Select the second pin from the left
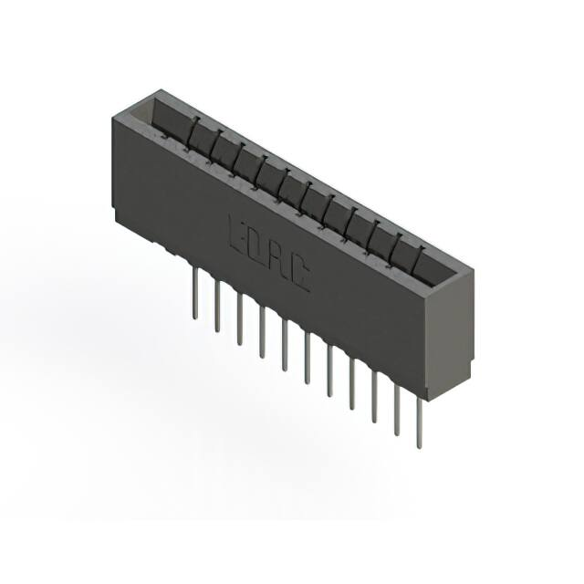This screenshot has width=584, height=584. click(x=217, y=307)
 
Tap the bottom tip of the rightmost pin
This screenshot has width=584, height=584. click(x=419, y=446)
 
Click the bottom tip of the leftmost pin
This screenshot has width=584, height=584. click(x=194, y=317)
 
